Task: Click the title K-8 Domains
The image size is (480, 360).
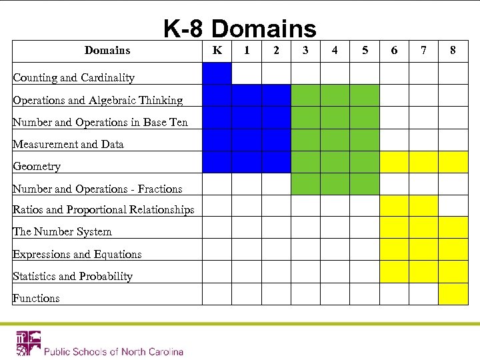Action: pos(240,29)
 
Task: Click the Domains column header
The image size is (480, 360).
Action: pos(107,50)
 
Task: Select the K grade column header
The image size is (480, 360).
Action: pos(217,50)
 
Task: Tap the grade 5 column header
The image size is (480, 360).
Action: pos(364,50)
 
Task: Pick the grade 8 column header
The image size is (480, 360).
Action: pos(453,50)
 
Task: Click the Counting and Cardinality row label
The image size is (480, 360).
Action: pos(73,78)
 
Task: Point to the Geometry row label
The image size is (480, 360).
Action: pos(37,167)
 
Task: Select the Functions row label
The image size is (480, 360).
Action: pos(36,299)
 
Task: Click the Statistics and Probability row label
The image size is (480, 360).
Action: pos(73,277)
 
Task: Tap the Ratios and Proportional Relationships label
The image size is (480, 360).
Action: pos(103,210)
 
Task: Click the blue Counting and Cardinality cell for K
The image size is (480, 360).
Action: pos(217,73)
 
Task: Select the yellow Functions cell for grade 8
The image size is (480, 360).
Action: pos(453,294)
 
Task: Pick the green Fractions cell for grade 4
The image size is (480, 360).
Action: pos(335,183)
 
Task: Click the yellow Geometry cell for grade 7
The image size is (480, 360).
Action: pos(423,162)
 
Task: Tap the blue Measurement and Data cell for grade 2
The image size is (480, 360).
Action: pos(276,140)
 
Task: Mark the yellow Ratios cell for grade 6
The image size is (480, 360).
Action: pos(394,205)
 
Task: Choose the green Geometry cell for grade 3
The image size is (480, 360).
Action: pos(305,162)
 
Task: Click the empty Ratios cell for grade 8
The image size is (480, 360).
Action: pos(453,205)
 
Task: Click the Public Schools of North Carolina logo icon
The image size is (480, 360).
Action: pos(28,343)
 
